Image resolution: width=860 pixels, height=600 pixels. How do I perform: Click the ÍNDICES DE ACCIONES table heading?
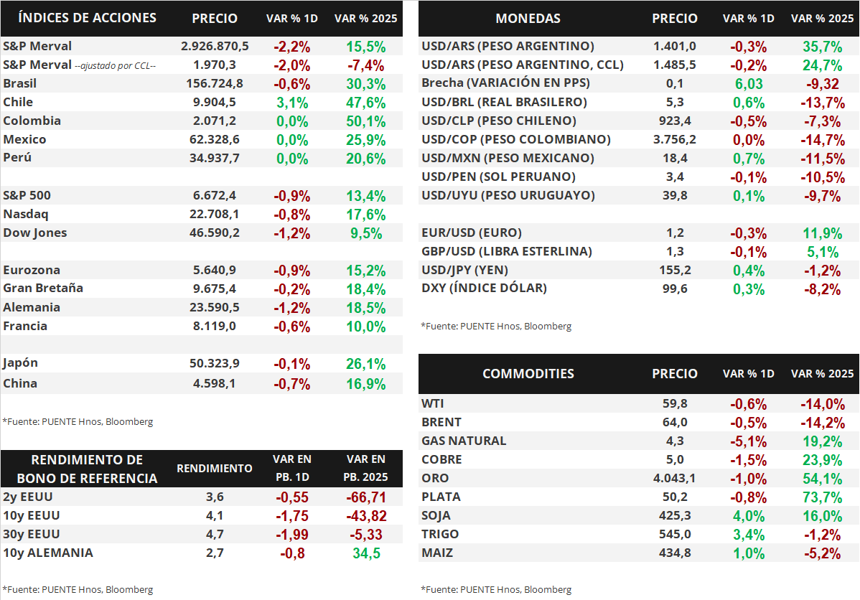tap(87, 17)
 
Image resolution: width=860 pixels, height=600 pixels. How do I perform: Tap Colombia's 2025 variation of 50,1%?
tap(365, 121)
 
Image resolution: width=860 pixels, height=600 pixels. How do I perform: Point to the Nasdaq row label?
tap(26, 214)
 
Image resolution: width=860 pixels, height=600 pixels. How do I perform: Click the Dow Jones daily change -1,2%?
tap(292, 233)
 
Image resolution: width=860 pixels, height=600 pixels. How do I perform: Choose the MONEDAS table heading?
tap(528, 19)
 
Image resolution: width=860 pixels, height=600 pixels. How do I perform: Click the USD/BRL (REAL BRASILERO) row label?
tap(504, 102)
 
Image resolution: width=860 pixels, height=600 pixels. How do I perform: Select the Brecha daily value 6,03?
tap(748, 84)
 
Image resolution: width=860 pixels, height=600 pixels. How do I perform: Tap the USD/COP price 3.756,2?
tap(674, 139)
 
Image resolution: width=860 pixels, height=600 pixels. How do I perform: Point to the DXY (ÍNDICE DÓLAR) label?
tap(484, 289)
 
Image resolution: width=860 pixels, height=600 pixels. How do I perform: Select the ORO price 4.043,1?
tap(674, 478)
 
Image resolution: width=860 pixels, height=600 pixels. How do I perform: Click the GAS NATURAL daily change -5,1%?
tap(748, 441)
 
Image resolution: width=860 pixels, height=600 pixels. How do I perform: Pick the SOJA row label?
tap(435, 515)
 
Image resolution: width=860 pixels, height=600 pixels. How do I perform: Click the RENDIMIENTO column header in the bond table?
tap(215, 469)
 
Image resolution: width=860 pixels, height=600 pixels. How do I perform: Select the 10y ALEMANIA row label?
tap(48, 553)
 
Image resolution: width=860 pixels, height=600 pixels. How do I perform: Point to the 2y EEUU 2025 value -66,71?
tap(365, 497)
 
